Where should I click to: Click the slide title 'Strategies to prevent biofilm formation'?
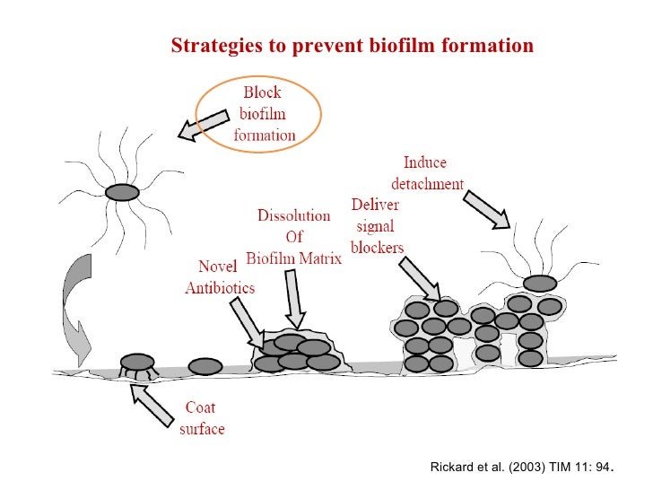coord(352,45)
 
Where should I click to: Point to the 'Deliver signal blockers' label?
coord(378,225)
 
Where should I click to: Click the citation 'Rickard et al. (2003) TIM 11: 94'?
coord(524,468)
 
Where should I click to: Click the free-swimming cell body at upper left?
coord(122,192)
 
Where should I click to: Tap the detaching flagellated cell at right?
coord(539,284)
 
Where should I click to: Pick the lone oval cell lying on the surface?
coord(205,366)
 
